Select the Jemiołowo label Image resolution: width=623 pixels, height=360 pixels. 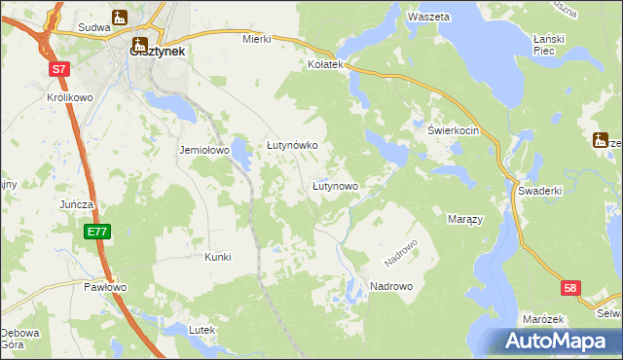(x=202, y=151)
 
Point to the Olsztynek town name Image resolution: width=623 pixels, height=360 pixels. (x=158, y=54)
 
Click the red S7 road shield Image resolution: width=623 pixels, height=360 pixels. (x=60, y=69)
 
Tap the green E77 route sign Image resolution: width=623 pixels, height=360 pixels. (x=96, y=232)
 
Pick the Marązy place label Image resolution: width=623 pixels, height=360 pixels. (x=465, y=219)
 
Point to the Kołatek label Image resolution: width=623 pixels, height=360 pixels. (x=326, y=64)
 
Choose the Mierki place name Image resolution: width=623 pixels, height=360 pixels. (x=256, y=40)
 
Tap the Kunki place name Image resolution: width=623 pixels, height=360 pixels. (x=217, y=257)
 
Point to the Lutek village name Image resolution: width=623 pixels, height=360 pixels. (x=201, y=331)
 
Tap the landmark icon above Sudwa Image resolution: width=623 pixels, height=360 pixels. (x=120, y=18)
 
